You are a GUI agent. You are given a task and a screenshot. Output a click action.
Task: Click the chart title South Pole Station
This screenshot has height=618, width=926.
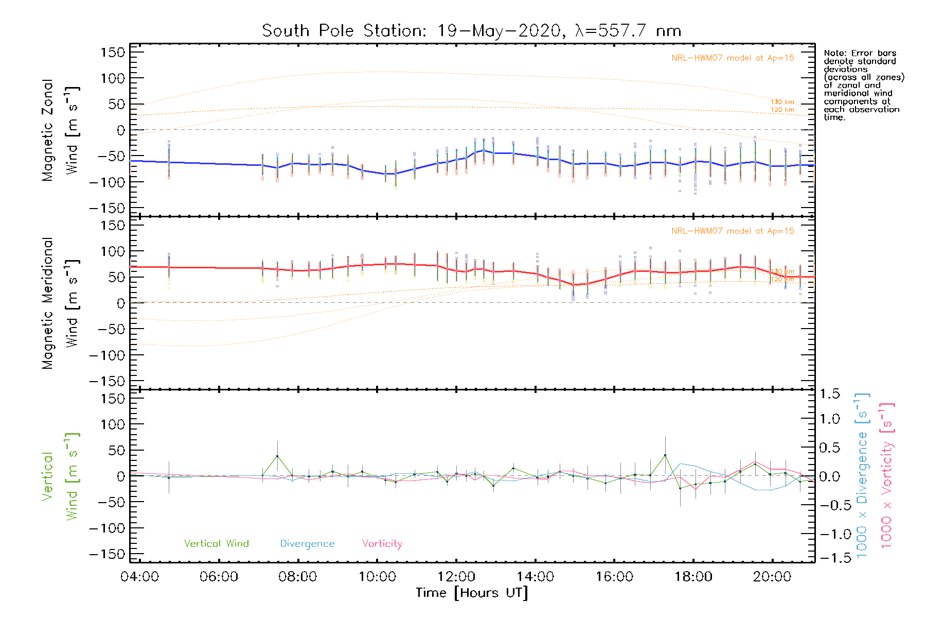point(471,31)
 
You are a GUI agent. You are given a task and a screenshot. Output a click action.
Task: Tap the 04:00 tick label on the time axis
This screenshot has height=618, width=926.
point(139,576)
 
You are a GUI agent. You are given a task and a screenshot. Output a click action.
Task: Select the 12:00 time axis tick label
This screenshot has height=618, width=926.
point(456,576)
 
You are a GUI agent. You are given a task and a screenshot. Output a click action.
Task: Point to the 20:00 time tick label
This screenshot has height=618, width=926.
point(773,576)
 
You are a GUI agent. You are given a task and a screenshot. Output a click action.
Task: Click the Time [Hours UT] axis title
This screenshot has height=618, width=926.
point(472,593)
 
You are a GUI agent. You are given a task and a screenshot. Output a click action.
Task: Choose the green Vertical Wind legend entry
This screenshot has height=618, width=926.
point(216,543)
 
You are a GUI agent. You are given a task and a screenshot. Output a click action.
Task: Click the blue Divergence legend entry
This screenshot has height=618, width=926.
point(307,543)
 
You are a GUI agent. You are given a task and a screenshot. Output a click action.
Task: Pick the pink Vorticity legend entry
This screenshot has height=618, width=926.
point(382,543)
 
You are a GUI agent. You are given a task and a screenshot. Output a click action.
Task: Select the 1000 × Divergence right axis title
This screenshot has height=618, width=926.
point(862,475)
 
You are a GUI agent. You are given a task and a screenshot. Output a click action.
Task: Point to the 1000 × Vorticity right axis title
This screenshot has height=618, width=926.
point(887,475)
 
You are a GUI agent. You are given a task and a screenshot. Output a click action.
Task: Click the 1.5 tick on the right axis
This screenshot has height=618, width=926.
point(829,394)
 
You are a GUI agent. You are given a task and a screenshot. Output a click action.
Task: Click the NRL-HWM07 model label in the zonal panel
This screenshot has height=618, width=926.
point(733,58)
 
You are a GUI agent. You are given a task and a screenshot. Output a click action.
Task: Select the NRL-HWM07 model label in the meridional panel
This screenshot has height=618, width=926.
point(733,231)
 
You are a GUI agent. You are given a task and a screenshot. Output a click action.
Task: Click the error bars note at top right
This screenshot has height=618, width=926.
point(863,85)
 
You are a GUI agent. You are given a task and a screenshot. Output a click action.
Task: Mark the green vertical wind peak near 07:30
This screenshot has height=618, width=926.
point(277,456)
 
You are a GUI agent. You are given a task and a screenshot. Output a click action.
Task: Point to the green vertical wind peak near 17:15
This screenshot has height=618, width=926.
point(665,455)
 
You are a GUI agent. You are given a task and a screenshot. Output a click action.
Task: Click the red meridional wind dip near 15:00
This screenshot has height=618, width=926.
point(573,285)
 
